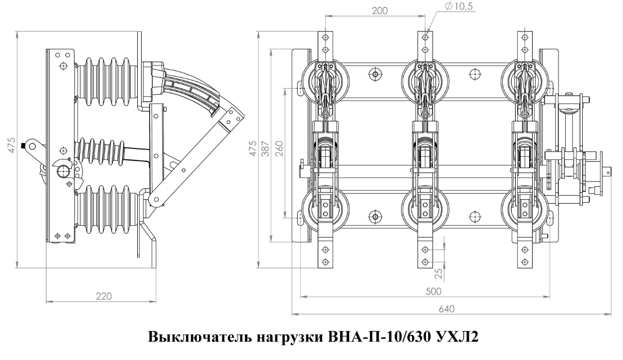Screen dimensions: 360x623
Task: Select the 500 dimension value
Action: click(x=434, y=291)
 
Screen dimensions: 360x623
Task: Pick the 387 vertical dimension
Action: click(x=265, y=145)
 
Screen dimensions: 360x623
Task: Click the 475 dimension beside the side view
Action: click(x=12, y=145)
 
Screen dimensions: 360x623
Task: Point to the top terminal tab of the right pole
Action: click(x=524, y=44)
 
